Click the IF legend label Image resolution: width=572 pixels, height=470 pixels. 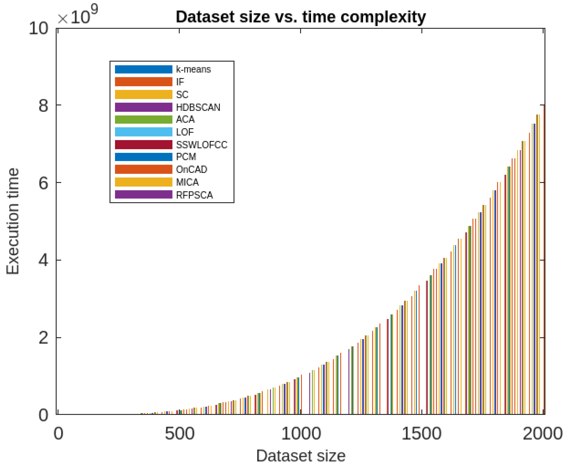click(180, 82)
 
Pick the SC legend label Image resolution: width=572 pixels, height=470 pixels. click(182, 94)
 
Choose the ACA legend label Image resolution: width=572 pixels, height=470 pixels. click(185, 119)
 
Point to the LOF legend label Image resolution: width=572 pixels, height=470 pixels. click(185, 132)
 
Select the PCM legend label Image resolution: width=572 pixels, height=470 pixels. click(186, 157)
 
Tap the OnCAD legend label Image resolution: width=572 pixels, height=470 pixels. click(191, 169)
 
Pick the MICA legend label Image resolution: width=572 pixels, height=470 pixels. click(187, 182)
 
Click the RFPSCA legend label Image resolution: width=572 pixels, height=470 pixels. click(194, 195)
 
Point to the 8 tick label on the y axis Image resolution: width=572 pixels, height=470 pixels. click(43, 105)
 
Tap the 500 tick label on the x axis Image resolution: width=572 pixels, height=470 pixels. click(179, 433)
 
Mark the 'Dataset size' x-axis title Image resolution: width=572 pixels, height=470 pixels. click(301, 456)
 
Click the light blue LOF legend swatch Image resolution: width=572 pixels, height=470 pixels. click(143, 132)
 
